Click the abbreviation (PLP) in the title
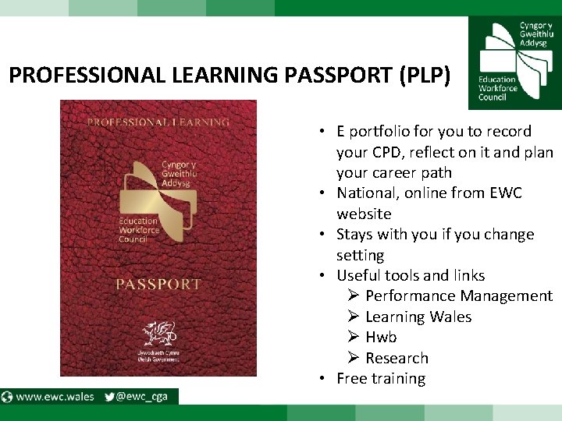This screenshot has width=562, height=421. coord(424,76)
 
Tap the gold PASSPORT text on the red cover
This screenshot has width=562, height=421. coord(158,284)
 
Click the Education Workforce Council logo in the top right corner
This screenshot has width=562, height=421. coord(514,62)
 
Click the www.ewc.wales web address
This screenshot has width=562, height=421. coord(55,396)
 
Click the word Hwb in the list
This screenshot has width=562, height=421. coord(381,337)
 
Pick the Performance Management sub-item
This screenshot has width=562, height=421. coord(458,295)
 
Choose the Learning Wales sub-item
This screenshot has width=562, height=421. coord(418,317)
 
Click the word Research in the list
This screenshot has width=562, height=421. coord(397,358)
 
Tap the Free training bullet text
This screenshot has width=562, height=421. coord(381,378)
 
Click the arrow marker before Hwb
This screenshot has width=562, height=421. coord(353,337)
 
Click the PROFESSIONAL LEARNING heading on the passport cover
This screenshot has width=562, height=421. coord(158,122)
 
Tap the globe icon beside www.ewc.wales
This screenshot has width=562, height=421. coord(7,396)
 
